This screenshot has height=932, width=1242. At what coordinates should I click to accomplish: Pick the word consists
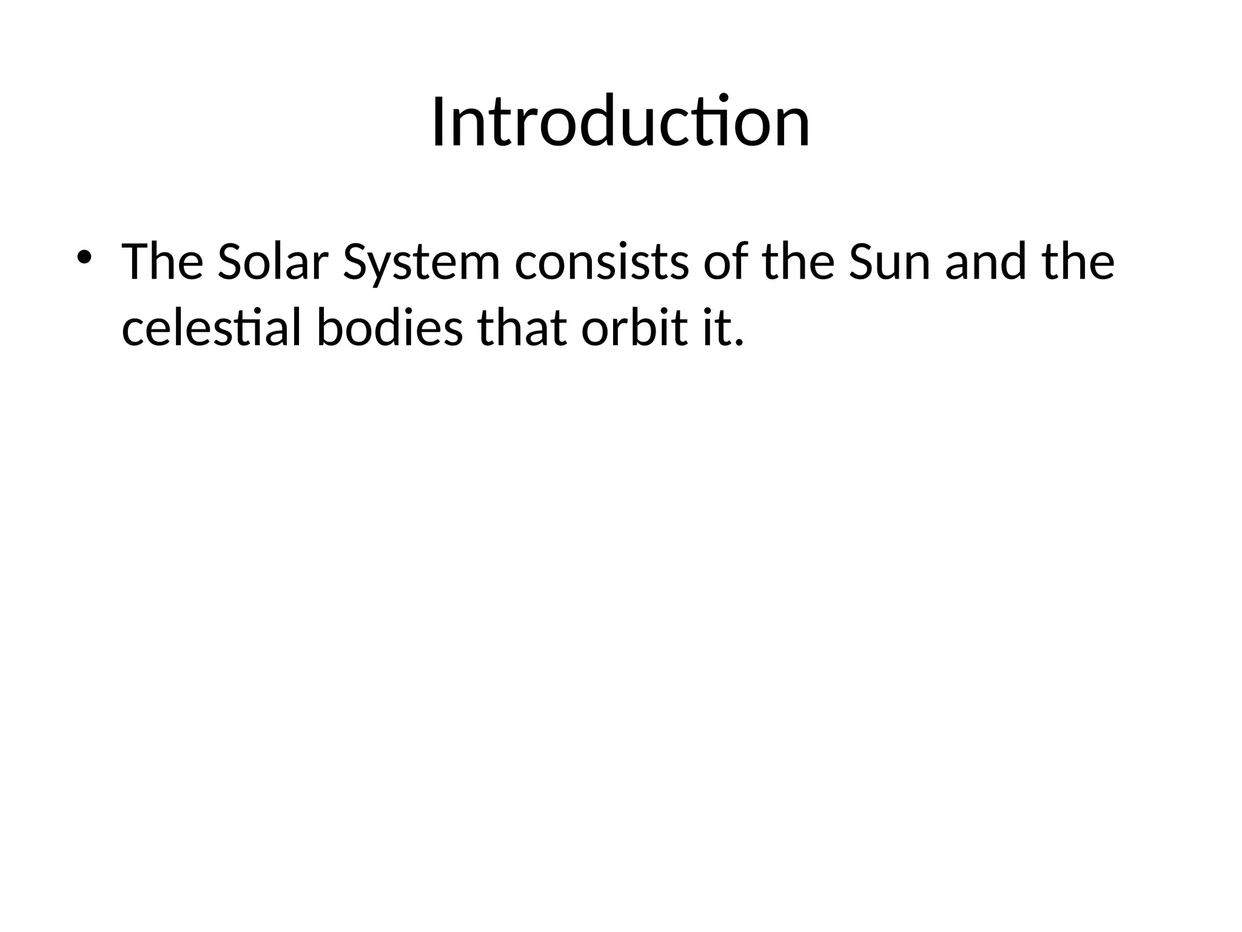pos(602,262)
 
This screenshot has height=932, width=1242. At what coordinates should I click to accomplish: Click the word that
pos(523,329)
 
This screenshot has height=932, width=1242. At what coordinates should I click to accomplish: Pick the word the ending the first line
pos(1077,262)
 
